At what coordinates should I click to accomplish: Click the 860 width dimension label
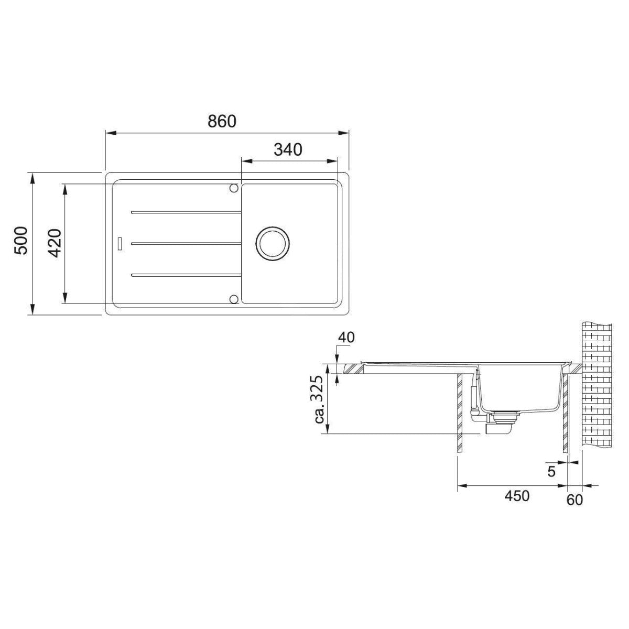click(x=222, y=122)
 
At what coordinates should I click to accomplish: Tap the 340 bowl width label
click(x=288, y=150)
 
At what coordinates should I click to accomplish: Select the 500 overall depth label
click(x=21, y=241)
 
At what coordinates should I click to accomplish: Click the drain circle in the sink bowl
click(x=272, y=244)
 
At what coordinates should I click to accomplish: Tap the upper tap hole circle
click(x=233, y=188)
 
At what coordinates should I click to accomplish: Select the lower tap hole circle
click(x=233, y=299)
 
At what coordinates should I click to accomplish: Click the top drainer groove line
click(x=186, y=212)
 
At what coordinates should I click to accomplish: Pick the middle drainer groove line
click(x=186, y=244)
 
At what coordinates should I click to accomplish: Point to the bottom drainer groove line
click(x=186, y=275)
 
